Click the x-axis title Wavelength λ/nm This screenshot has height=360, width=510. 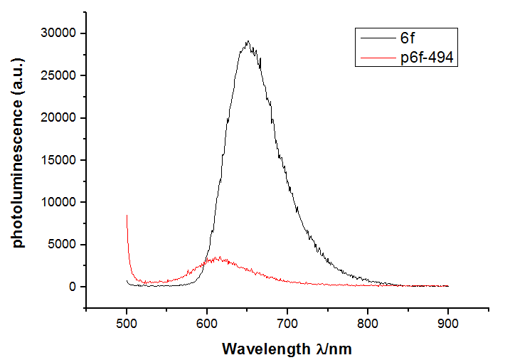pyautogui.click(x=287, y=349)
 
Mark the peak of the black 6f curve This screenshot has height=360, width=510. pyautogui.click(x=248, y=41)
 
